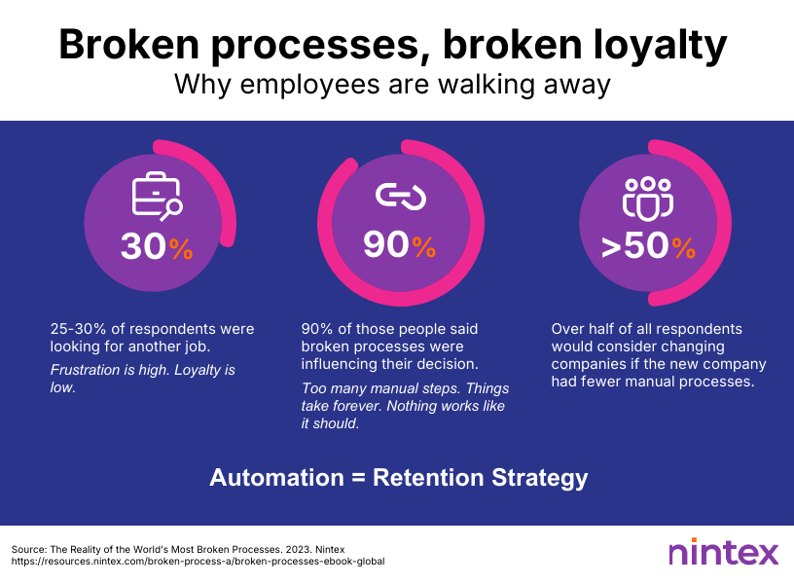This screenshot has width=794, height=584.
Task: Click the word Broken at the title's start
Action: (129, 45)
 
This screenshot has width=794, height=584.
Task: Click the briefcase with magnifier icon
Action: (157, 196)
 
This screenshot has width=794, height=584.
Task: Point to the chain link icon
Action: (401, 197)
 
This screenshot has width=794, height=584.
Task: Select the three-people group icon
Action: (648, 200)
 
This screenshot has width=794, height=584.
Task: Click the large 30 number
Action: (143, 246)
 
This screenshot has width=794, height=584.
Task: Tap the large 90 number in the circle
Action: (386, 244)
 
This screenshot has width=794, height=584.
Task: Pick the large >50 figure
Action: (635, 246)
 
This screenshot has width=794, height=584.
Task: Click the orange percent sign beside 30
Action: (181, 249)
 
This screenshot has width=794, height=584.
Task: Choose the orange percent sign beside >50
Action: (684, 248)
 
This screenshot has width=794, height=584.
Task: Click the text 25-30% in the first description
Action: (79, 329)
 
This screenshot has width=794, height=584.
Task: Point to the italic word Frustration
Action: (85, 370)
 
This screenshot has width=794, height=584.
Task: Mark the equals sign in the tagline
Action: (358, 478)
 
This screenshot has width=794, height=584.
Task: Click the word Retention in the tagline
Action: (428, 478)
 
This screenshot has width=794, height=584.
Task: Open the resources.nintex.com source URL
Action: (198, 562)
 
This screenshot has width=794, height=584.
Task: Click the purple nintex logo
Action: (723, 552)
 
